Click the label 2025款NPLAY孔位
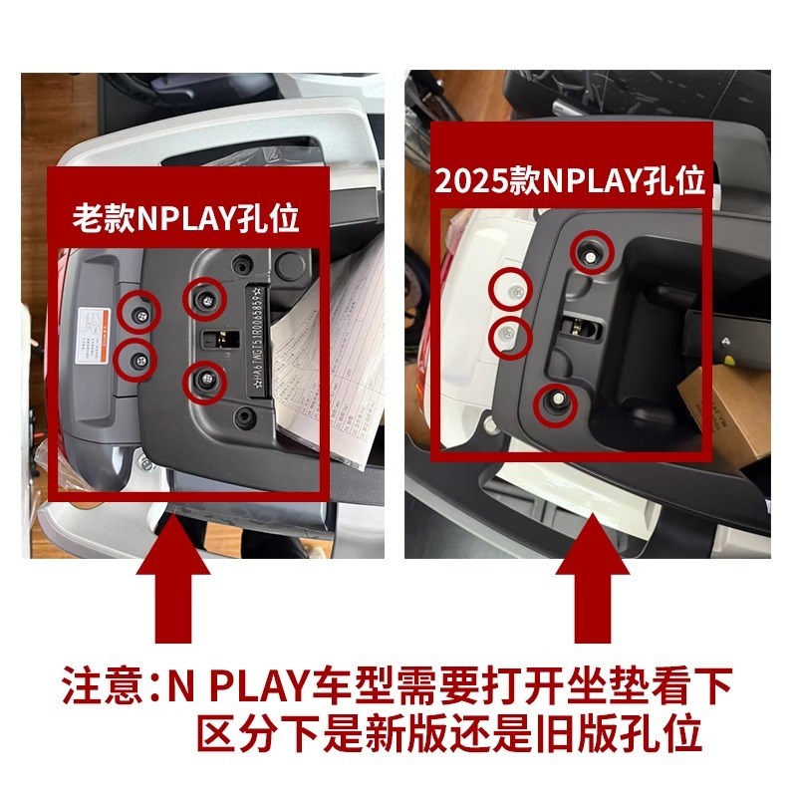coord(570,180)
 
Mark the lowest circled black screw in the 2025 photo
coord(556,401)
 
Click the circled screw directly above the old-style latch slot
coord(206,295)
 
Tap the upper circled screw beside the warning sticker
coord(138,313)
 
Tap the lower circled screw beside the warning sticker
coord(136,359)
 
